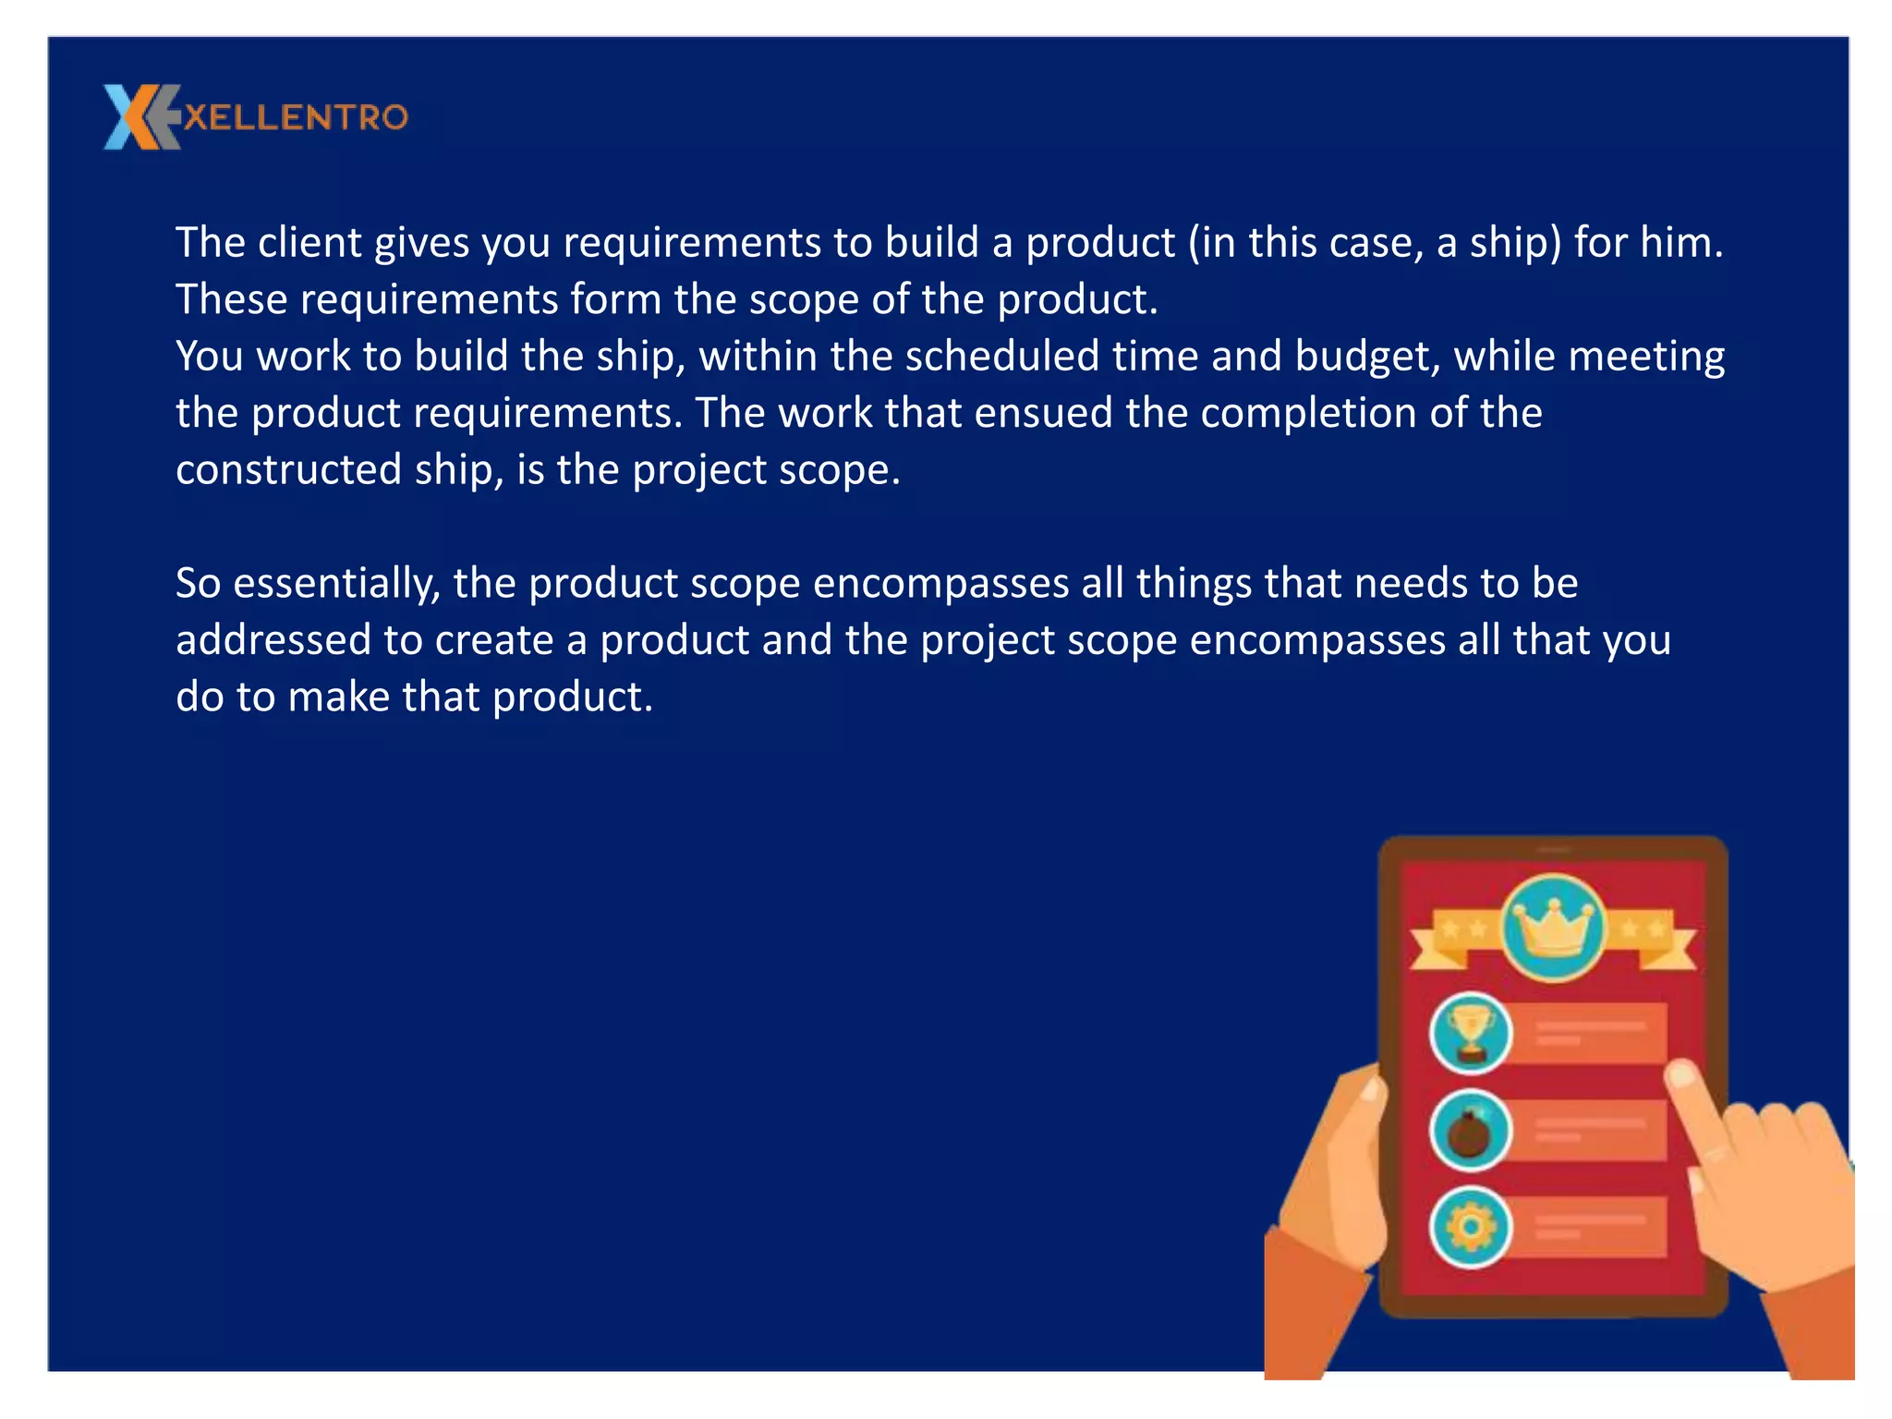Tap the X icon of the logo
139,117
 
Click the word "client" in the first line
309,242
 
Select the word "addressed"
273,640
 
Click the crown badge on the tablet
1554,928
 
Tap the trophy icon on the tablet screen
1470,1033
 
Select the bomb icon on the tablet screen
1470,1131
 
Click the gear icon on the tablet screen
1470,1228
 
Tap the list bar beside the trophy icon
1598,1033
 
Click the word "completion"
1308,413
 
